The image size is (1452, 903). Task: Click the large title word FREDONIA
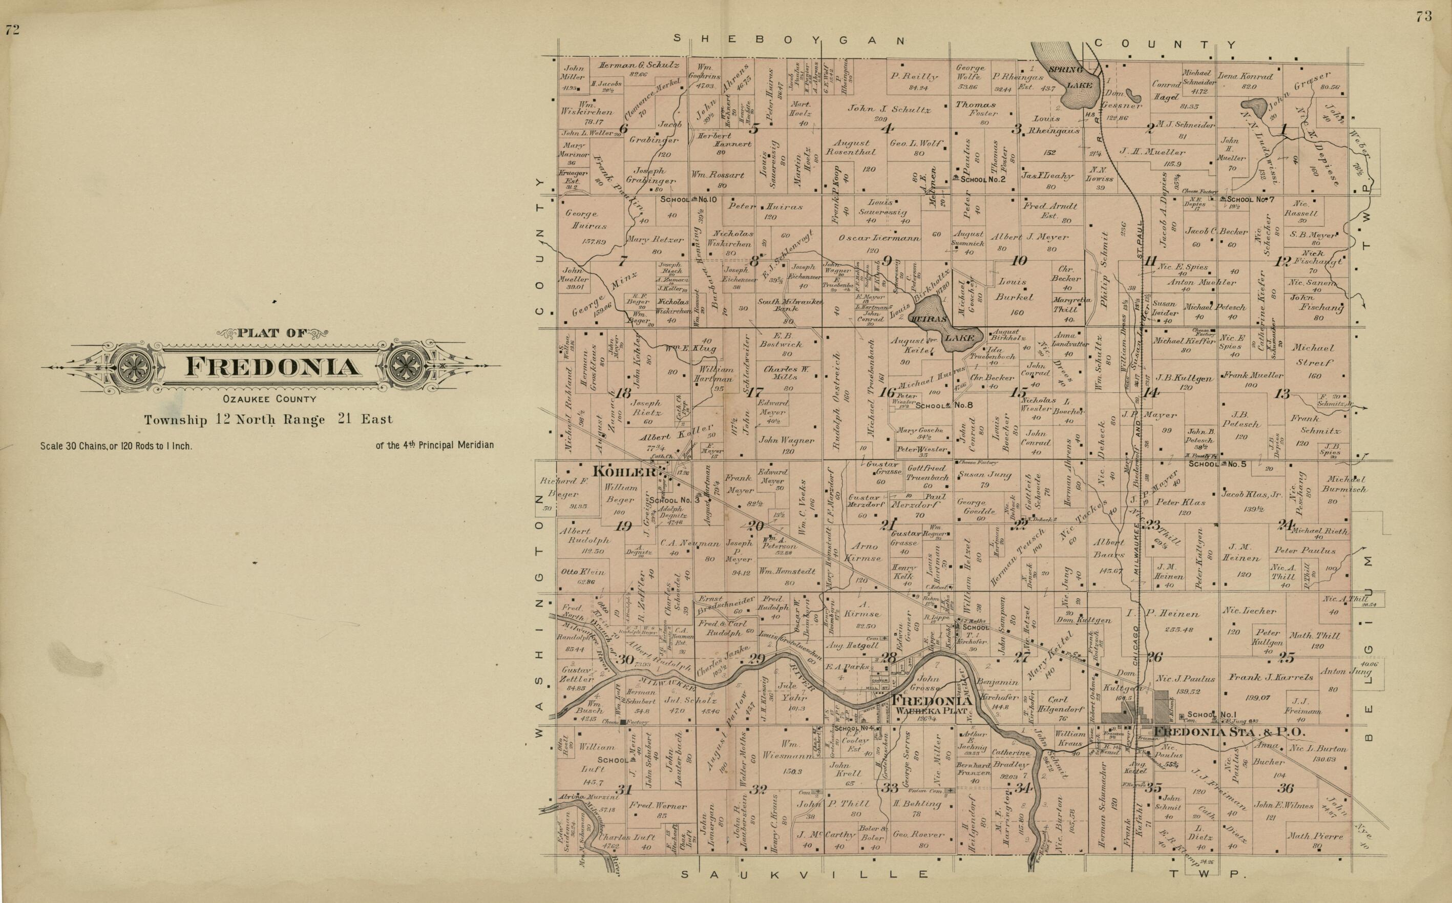tap(273, 367)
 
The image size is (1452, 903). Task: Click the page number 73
tap(1423, 17)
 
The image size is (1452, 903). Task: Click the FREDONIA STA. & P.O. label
tap(1229, 731)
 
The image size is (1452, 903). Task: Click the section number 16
tap(887, 392)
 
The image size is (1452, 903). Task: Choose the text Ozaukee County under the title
tap(269, 399)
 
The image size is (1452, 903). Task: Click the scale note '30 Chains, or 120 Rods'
tap(116, 446)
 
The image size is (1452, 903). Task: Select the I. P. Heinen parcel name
tap(1153, 613)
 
